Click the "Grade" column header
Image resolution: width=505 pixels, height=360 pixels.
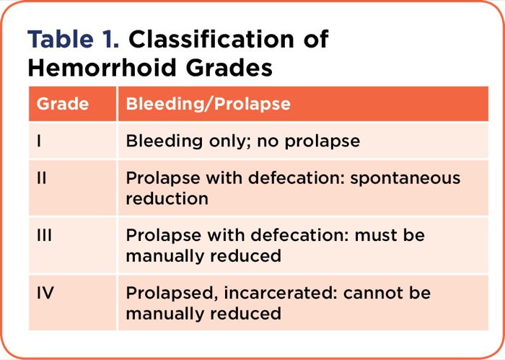click(63, 104)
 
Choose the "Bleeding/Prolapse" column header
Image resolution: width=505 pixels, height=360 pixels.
click(208, 104)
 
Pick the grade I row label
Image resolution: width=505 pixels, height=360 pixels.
click(39, 141)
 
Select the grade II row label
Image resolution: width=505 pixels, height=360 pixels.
click(42, 178)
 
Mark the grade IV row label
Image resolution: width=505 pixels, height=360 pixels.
click(45, 294)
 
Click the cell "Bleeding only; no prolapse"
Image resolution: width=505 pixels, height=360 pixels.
click(242, 141)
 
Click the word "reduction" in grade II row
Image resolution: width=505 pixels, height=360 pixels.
click(167, 198)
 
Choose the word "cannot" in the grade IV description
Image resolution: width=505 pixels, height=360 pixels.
click(377, 294)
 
